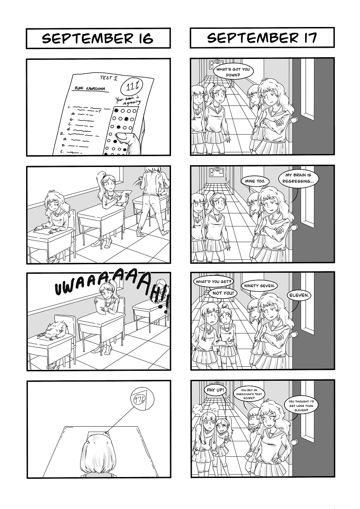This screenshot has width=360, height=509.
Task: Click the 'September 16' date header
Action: point(98,38)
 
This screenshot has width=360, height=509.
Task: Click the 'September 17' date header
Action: point(262,38)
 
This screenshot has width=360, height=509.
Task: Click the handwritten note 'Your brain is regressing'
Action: point(127,101)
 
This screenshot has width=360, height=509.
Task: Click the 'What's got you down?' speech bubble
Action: point(234,72)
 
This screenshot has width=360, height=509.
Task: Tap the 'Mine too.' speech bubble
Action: point(255,181)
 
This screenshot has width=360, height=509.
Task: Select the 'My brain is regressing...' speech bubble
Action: point(298,178)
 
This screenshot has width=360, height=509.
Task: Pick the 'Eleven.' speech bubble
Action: point(299,295)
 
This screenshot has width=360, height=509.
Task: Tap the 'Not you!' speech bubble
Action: point(223,293)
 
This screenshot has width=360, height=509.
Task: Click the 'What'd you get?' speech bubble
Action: point(213,281)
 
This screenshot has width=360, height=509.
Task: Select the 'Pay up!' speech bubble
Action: point(215,390)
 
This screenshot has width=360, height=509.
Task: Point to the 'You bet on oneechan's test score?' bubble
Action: point(249,394)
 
